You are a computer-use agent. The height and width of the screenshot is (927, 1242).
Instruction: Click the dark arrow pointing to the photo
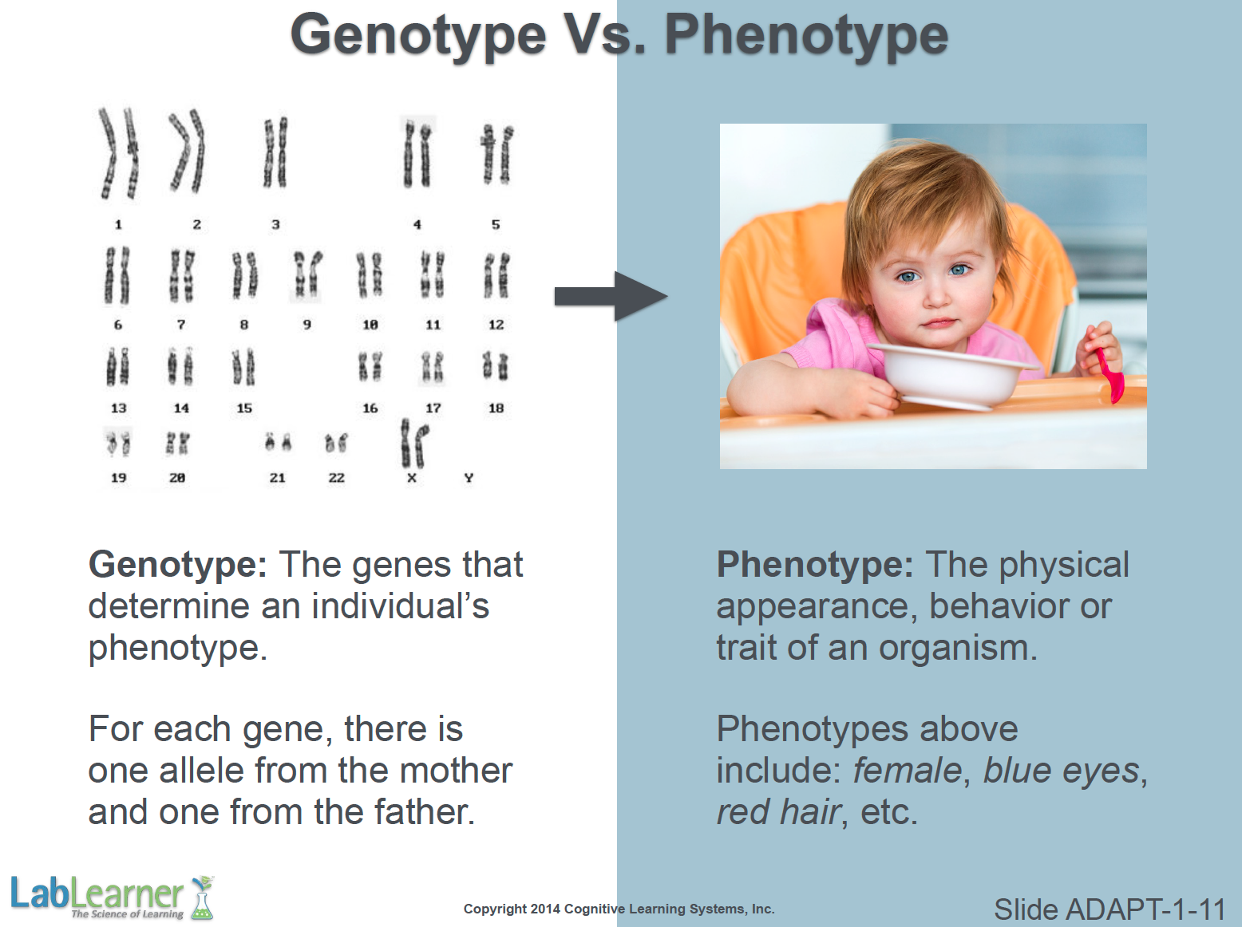(x=611, y=296)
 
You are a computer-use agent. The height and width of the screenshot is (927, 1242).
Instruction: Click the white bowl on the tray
(x=951, y=375)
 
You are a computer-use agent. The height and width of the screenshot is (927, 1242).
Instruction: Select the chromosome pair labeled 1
(x=118, y=154)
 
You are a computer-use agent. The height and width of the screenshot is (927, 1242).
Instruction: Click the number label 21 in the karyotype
(x=277, y=478)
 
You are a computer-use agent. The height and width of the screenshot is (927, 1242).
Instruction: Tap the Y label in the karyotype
(x=469, y=478)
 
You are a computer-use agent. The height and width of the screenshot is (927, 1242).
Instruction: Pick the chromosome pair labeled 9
(x=307, y=274)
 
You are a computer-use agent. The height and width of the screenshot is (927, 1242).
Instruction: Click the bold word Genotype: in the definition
(x=178, y=564)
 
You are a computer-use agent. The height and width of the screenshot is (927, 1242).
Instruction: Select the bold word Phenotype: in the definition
(x=815, y=564)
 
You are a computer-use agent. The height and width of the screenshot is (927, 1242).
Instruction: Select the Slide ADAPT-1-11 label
(x=1109, y=909)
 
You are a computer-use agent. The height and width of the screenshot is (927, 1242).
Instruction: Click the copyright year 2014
(x=545, y=909)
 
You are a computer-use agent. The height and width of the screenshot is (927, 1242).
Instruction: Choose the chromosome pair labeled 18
(x=496, y=366)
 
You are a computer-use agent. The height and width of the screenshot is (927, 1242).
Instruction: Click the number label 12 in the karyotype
(x=496, y=325)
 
